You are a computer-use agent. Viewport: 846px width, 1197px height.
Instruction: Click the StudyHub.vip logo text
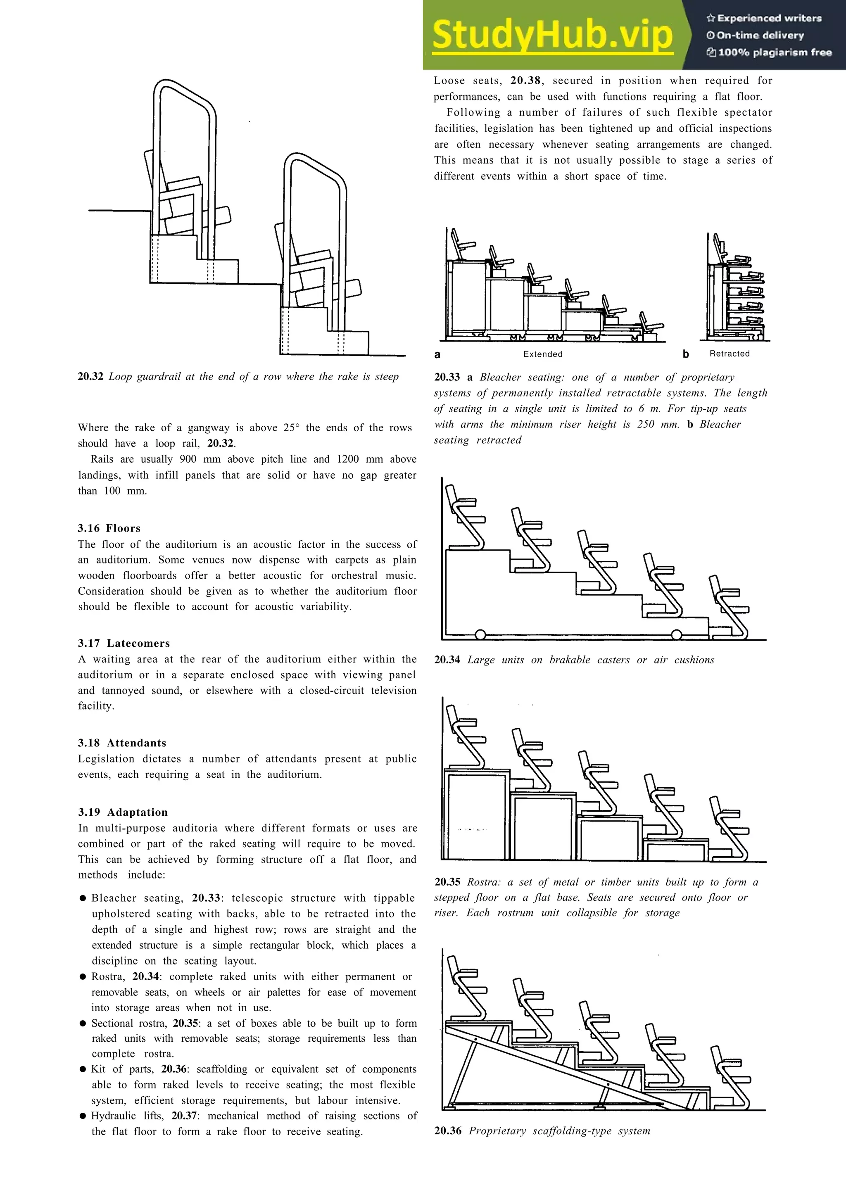(x=552, y=34)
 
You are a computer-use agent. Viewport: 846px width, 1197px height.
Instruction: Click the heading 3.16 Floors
(x=109, y=528)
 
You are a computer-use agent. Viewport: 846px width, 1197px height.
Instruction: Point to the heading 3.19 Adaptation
(x=123, y=812)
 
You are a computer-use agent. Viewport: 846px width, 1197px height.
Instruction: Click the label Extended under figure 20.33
(x=543, y=354)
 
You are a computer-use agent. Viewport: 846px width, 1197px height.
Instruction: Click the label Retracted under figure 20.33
(x=729, y=354)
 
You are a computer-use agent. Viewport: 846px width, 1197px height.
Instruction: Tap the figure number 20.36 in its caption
(x=447, y=1131)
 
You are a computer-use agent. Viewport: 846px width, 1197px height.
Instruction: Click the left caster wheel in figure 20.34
(x=480, y=634)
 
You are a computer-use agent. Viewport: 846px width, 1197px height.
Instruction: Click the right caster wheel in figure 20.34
(x=676, y=634)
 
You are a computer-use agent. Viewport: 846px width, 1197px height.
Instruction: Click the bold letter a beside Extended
(x=437, y=354)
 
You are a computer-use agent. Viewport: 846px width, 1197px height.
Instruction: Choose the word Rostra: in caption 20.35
(x=483, y=882)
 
